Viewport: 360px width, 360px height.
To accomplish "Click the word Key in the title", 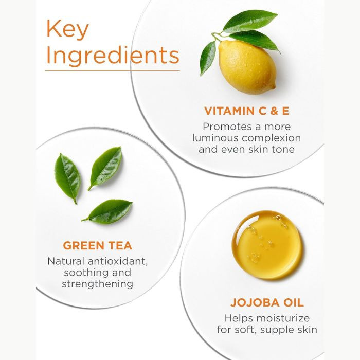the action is tap(67, 30).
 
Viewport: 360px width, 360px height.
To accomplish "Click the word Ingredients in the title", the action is tap(113, 55).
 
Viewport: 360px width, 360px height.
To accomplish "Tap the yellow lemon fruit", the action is tap(247, 67).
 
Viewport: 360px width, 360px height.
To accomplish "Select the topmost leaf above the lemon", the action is tap(250, 21).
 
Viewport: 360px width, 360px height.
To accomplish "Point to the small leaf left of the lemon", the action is tap(208, 58).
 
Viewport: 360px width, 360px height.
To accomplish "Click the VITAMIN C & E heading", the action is tap(247, 111).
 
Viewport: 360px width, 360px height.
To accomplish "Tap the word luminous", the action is tap(215, 138).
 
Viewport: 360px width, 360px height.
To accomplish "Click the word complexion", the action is tap(272, 138).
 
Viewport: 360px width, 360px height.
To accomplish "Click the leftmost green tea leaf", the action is tap(67, 178).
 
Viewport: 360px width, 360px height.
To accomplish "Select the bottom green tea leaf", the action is tap(107, 212).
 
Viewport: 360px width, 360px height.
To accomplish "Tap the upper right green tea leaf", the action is tap(105, 168).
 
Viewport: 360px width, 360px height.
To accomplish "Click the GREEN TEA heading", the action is tap(98, 245).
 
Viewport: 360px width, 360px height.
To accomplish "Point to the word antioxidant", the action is tap(118, 261).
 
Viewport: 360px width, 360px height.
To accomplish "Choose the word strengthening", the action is tap(98, 284).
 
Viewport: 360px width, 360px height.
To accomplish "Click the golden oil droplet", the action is tap(267, 244).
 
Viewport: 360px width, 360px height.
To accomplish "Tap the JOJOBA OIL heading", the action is tap(267, 302).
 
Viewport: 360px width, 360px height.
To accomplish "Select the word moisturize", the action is tap(283, 318).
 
